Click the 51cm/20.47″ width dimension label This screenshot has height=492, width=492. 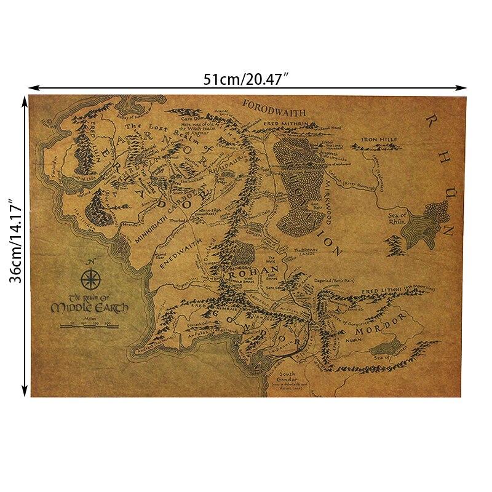[x=246, y=79]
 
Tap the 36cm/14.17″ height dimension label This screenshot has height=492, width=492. [x=14, y=244]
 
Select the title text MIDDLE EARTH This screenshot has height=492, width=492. [x=90, y=307]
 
